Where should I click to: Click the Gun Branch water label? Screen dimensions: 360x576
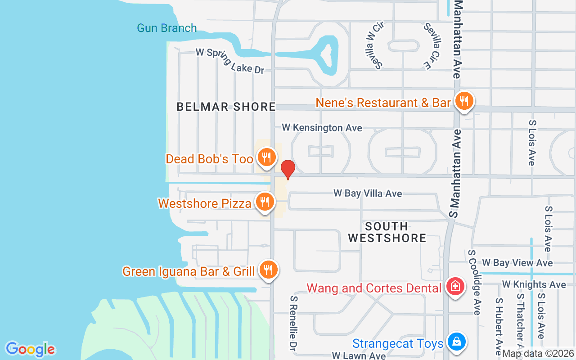167,28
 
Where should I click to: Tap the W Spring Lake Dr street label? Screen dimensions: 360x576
230,60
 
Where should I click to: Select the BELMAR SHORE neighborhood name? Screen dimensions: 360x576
226,107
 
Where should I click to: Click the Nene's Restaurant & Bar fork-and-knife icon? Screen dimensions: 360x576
463,101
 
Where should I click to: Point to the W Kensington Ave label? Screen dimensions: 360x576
322,128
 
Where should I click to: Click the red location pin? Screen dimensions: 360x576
288,170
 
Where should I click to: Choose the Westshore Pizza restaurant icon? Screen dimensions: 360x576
265,202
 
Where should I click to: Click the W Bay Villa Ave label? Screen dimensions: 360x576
368,193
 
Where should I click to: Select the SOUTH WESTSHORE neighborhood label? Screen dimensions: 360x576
387,232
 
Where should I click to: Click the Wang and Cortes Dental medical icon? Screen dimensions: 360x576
455,286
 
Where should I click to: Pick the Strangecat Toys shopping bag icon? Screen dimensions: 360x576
456,342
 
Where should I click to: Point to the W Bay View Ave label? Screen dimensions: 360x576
517,263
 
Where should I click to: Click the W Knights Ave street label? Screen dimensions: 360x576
534,284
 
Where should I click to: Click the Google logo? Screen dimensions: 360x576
31,349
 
